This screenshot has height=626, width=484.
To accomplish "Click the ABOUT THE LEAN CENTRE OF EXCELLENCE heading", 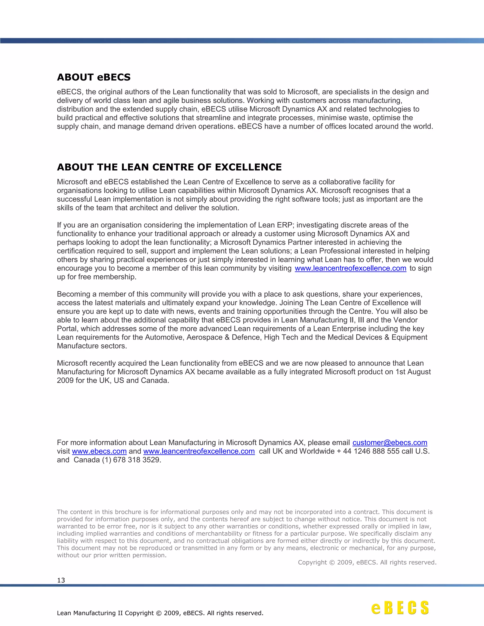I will pos(169,167).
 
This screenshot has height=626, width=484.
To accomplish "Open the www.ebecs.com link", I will pos(99,451).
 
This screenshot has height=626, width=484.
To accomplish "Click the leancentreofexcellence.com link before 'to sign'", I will pos(350,268).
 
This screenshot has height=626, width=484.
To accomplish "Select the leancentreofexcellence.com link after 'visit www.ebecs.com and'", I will pos(199,451).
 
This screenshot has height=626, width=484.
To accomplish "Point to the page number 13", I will pos(61,580).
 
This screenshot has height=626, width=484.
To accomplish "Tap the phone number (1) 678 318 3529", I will pos(132,460).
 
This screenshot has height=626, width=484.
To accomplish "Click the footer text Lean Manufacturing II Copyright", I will pos(160,613).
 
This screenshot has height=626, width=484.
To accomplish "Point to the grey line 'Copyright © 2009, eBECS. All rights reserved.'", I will pos(367,562).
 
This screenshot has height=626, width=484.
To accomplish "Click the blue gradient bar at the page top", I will pos(242,41).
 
